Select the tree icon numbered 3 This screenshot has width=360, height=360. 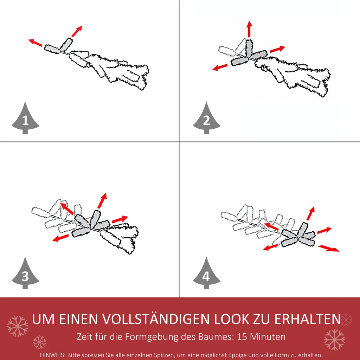click(x=25, y=274)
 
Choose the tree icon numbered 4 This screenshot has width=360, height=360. click(x=207, y=274)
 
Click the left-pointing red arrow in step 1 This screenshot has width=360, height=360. click(x=35, y=43)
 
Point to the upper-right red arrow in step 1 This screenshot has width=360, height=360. click(x=77, y=31)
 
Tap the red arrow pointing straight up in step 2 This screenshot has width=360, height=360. click(x=249, y=29)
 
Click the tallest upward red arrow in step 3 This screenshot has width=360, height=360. click(x=102, y=200)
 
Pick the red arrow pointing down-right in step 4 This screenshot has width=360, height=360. click(x=329, y=248)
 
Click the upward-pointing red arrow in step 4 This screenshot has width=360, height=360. click(x=310, y=213)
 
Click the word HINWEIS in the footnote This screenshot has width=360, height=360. click(x=52, y=355)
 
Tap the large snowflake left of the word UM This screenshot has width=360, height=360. click(x=18, y=326)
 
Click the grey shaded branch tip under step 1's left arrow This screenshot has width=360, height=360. click(x=53, y=48)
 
